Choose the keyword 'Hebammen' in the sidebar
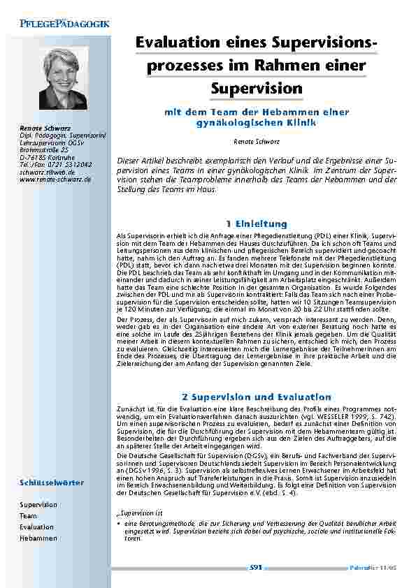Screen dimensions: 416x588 click(x=38, y=538)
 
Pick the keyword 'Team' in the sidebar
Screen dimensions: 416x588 click(x=28, y=515)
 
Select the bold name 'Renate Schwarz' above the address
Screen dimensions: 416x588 click(x=43, y=128)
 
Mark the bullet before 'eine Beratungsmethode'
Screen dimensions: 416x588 click(x=118, y=522)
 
